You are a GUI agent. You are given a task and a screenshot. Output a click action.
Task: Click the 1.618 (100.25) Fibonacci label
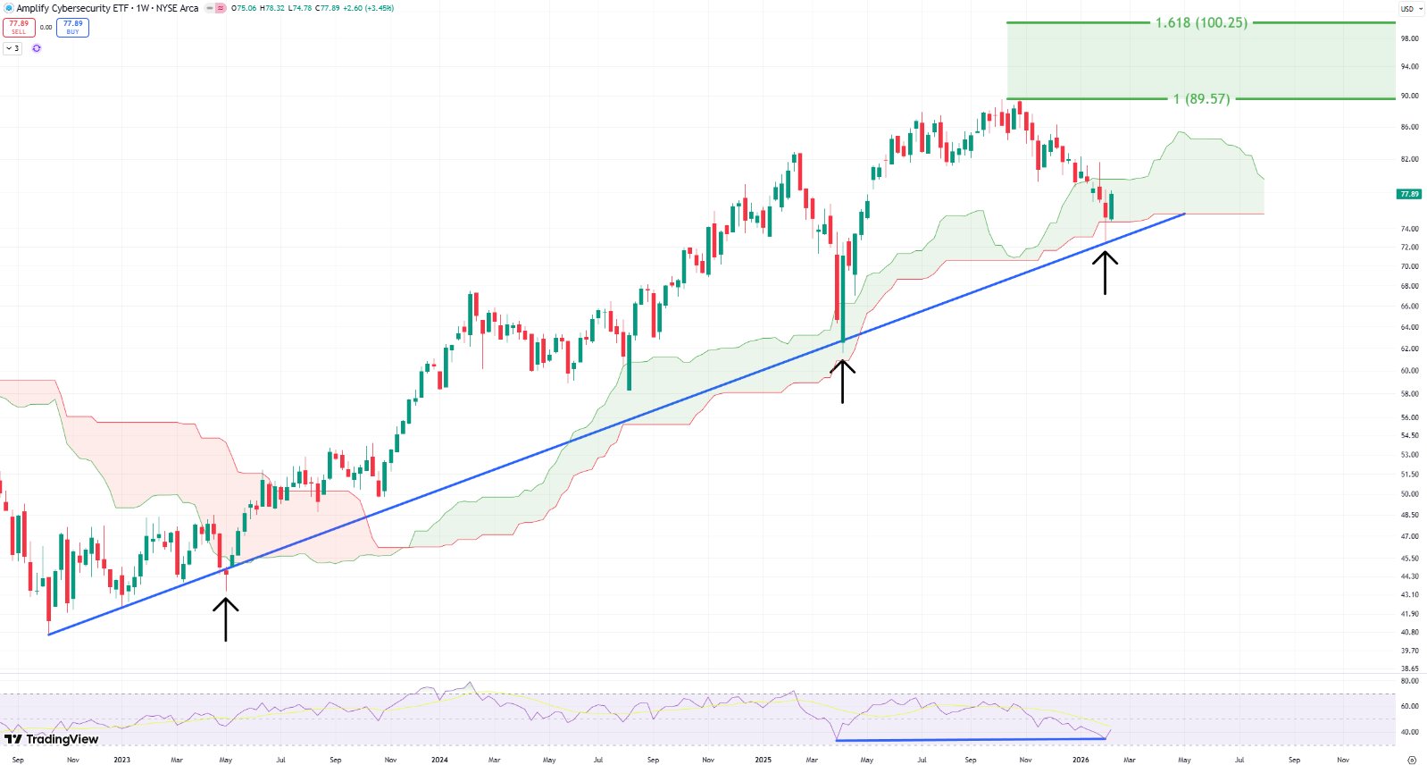click(x=1201, y=22)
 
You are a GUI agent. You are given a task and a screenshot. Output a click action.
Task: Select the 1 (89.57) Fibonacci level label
click(x=1201, y=98)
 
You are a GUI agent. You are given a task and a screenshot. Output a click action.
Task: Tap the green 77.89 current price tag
click(x=1409, y=194)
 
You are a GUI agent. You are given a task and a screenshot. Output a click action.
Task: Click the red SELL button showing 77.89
click(x=19, y=28)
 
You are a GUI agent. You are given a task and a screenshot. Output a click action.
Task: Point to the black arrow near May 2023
click(x=226, y=618)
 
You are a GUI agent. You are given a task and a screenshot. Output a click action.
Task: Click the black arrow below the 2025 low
click(x=842, y=380)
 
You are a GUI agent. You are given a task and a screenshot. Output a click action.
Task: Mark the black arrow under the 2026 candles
click(x=1105, y=273)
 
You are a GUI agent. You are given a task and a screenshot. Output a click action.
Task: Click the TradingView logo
click(x=52, y=739)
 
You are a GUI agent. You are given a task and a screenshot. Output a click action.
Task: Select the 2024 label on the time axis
click(x=439, y=760)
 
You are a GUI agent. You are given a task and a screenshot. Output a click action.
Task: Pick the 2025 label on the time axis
click(x=763, y=760)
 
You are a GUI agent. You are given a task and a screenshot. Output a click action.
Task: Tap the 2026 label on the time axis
click(x=1081, y=760)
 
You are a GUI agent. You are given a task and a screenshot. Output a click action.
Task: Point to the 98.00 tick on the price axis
click(x=1409, y=38)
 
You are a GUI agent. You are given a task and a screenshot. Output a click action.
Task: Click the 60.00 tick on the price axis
click(x=1409, y=370)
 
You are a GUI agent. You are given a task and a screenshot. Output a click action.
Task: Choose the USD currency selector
click(x=1410, y=9)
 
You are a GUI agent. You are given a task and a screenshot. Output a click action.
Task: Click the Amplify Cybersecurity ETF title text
click(x=71, y=8)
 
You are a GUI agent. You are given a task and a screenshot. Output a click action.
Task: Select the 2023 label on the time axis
click(x=121, y=760)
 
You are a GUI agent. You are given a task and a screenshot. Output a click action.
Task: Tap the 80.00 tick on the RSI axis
click(x=1409, y=681)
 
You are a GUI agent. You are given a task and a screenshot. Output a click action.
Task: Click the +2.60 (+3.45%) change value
click(x=369, y=8)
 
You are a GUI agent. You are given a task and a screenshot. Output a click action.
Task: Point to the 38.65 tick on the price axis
click(x=1409, y=668)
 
